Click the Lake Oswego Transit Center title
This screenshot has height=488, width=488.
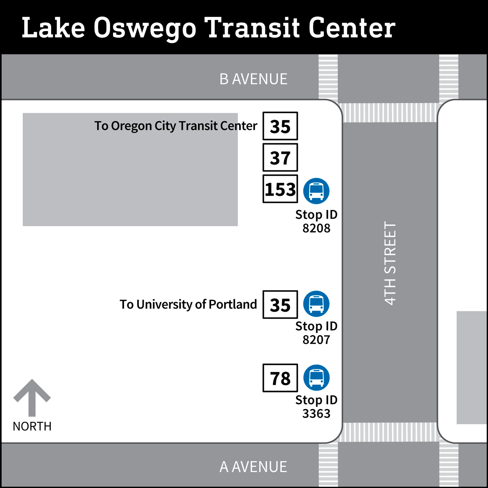tap(208, 28)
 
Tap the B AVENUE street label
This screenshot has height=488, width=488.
tap(253, 80)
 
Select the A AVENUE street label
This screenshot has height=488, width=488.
tap(253, 467)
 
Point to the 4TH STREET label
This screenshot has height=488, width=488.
tap(390, 263)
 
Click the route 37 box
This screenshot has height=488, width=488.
tap(280, 158)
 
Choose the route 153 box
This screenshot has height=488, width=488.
tap(280, 189)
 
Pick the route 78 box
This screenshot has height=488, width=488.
tap(280, 378)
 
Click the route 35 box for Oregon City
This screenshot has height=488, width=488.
tap(280, 126)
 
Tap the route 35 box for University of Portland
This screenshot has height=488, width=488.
tap(280, 304)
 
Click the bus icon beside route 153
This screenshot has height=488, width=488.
tap(316, 191)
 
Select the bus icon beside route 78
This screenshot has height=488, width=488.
tap(316, 377)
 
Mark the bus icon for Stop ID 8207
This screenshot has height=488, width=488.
tap(316, 304)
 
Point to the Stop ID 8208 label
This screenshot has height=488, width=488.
tap(316, 221)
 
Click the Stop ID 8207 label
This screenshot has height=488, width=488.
tap(316, 333)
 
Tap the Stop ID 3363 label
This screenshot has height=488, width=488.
tap(316, 407)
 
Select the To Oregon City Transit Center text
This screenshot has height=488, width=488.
tap(176, 126)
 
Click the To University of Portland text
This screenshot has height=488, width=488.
tap(188, 304)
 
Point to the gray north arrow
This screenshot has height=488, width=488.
tap(32, 397)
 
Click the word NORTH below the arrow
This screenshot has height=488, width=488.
tap(32, 426)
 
